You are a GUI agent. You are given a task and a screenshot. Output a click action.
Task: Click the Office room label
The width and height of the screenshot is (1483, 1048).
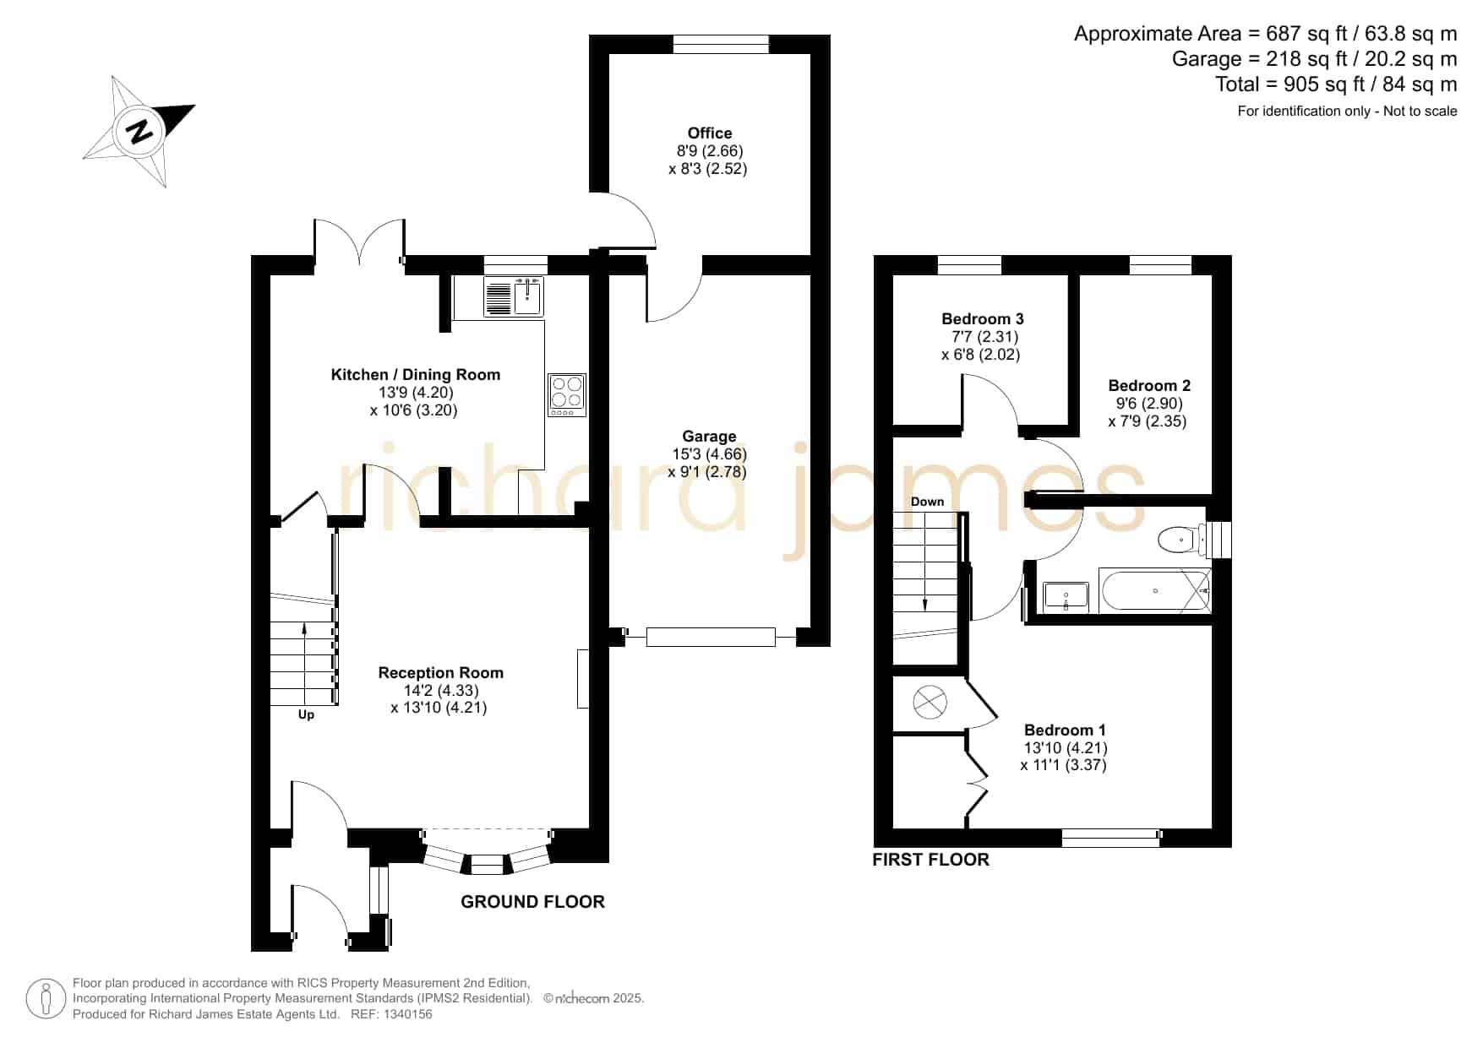pyautogui.click(x=710, y=133)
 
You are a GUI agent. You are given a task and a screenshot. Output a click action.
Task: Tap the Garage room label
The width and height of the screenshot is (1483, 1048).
pyautogui.click(x=709, y=436)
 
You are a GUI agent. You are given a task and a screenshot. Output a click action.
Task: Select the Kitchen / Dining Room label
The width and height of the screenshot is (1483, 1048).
pyautogui.click(x=415, y=374)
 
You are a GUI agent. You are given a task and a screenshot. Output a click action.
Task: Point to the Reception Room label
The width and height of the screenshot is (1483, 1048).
pyautogui.click(x=440, y=672)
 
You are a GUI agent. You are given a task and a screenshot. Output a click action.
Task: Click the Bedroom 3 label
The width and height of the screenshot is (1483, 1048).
pyautogui.click(x=983, y=318)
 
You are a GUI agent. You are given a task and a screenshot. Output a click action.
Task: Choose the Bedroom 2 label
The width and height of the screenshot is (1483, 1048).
pyautogui.click(x=1149, y=385)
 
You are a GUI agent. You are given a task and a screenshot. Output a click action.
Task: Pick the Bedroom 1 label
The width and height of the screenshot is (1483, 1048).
pyautogui.click(x=1065, y=730)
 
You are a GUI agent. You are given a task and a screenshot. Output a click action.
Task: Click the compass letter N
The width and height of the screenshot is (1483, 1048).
pyautogui.click(x=140, y=132)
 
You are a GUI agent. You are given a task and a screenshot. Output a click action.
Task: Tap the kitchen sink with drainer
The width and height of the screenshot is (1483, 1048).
pyautogui.click(x=514, y=296)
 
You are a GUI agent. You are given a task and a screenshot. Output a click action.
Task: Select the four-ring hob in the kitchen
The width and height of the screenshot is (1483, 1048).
pyautogui.click(x=567, y=394)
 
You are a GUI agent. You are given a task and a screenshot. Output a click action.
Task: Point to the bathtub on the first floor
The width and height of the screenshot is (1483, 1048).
pyautogui.click(x=1155, y=590)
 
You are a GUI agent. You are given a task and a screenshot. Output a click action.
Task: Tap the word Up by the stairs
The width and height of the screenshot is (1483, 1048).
pyautogui.click(x=306, y=714)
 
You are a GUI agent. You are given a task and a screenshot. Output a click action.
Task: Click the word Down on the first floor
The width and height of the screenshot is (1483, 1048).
pyautogui.click(x=927, y=501)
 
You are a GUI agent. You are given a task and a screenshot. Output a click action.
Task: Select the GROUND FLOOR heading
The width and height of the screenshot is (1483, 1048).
pyautogui.click(x=532, y=902)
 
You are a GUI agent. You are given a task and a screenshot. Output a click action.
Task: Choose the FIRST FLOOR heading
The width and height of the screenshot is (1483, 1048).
pyautogui.click(x=930, y=860)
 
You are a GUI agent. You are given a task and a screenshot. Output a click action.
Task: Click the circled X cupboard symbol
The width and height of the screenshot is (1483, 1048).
pyautogui.click(x=930, y=702)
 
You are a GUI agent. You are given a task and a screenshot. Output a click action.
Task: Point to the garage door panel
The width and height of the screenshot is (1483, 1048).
pyautogui.click(x=711, y=637)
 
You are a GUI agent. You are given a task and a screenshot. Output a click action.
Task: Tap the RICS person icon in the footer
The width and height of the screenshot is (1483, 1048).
pyautogui.click(x=46, y=999)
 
